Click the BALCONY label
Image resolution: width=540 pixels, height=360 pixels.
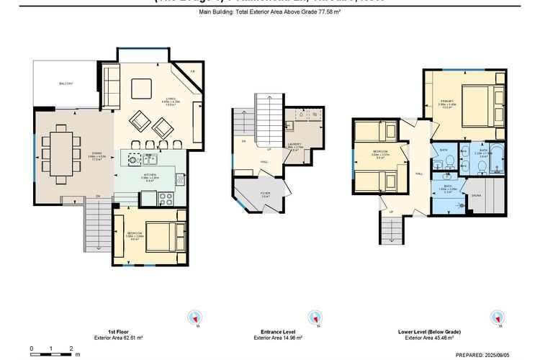[x=66, y=84]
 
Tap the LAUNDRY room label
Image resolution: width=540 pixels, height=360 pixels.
[x=294, y=146]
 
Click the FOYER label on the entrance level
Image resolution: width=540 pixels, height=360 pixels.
[x=264, y=193]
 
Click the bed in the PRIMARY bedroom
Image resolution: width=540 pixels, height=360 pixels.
[x=477, y=104]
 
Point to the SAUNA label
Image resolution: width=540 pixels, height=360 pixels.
[x=476, y=195]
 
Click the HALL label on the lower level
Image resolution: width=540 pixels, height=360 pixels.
[x=418, y=174]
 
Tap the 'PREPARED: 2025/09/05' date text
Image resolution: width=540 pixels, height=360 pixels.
[x=483, y=354]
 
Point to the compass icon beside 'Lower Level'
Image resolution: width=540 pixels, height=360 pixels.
[x=497, y=318]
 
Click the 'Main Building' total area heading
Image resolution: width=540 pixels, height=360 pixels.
[x=270, y=13]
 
